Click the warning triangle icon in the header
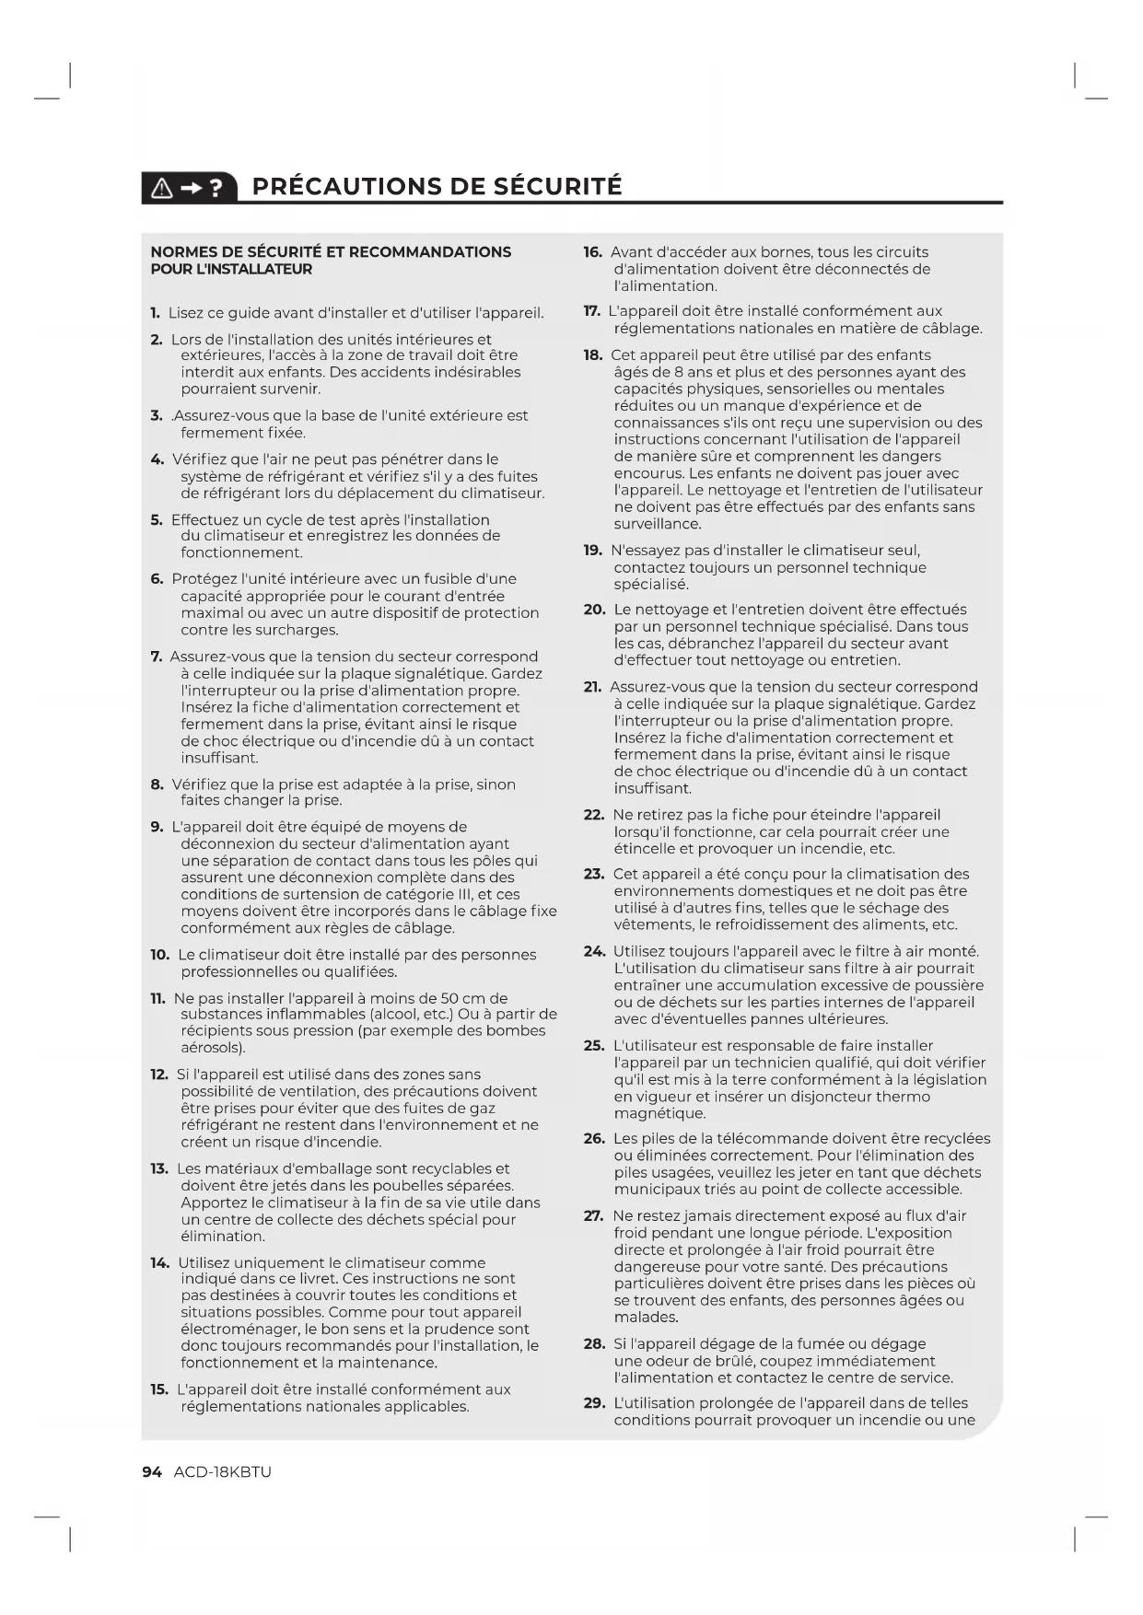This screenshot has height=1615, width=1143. (161, 188)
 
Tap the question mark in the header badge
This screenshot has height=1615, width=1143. (216, 188)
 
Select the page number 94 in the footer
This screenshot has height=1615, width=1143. (152, 1471)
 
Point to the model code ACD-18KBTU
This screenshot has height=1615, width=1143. (222, 1471)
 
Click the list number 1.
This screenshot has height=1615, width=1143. (156, 313)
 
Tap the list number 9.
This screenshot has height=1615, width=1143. (157, 827)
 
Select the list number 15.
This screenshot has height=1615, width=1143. (158, 1389)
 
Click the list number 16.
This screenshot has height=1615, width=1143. (592, 252)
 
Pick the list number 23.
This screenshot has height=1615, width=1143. (593, 874)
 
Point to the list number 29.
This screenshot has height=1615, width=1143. (593, 1403)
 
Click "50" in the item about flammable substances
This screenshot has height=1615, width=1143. (450, 998)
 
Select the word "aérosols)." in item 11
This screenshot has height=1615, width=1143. (213, 1048)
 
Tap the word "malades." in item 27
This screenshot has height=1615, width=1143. (646, 1318)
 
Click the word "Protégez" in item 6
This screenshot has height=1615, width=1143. (203, 579)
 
